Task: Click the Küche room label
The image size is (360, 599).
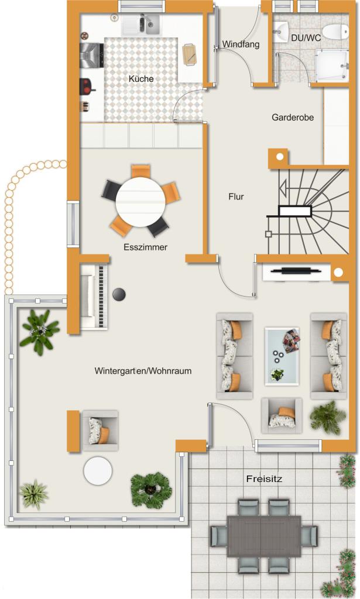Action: [x=141, y=79]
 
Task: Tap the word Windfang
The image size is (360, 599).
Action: [x=241, y=44]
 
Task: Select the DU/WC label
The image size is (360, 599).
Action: [x=306, y=38]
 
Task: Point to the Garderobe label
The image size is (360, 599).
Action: [x=293, y=117]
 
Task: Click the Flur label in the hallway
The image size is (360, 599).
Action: [x=236, y=197]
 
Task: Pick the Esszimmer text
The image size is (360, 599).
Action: [x=145, y=247]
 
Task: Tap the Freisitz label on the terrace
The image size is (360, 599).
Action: [x=264, y=478]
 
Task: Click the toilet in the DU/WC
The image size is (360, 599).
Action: [x=335, y=32]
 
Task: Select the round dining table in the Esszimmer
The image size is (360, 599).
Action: [x=140, y=202]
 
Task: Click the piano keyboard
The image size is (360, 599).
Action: [x=101, y=297]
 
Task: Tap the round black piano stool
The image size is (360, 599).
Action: [x=119, y=295]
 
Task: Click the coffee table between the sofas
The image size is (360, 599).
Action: [x=282, y=356]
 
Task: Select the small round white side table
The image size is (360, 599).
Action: [x=98, y=471]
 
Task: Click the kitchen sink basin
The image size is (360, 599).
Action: [x=152, y=24]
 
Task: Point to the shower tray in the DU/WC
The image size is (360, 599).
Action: [x=332, y=66]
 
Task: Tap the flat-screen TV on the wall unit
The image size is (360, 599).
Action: [x=296, y=271]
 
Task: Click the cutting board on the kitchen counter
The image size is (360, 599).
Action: [x=190, y=54]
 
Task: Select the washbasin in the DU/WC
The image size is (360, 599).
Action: [x=281, y=31]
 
